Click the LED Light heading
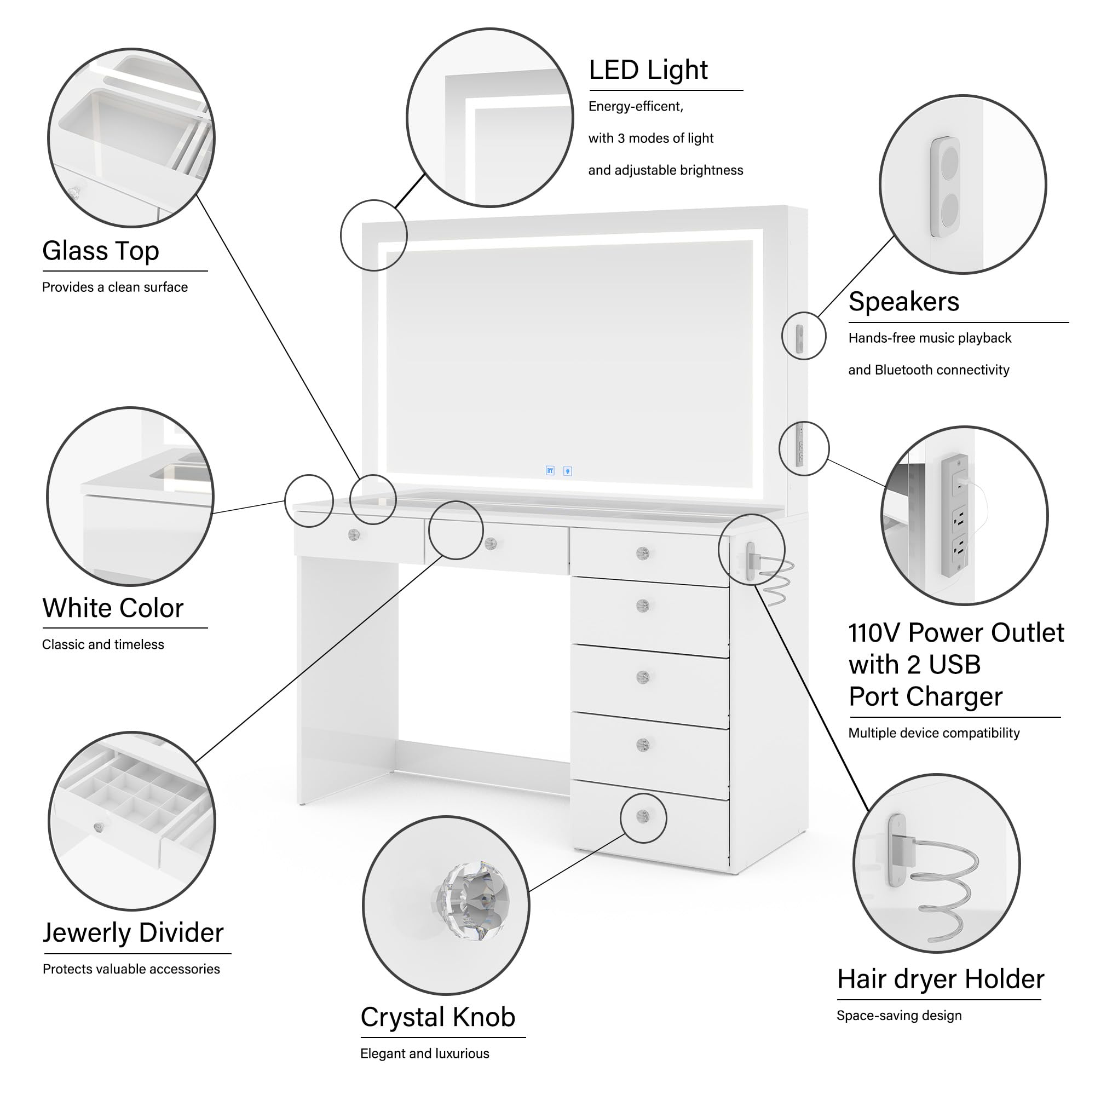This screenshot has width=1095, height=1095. point(648,70)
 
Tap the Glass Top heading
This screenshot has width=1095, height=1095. point(100,251)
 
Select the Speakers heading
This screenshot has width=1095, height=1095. point(903,302)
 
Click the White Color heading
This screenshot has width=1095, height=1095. point(113,608)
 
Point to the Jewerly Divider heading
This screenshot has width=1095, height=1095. point(133,933)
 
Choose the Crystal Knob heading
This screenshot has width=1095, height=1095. point(437,1017)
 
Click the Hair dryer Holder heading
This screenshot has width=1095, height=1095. point(940,979)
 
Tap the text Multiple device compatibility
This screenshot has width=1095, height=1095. point(933,734)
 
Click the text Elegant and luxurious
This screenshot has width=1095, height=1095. point(424,1053)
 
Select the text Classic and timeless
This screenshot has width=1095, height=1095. point(102,644)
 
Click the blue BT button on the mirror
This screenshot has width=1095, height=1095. point(550,471)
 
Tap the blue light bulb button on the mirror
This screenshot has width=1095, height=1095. point(567,471)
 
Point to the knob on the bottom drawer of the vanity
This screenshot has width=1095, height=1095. point(643,817)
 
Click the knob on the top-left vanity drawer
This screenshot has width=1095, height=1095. point(354,534)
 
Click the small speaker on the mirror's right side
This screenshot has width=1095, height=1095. point(799,338)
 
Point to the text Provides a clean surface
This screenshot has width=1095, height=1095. point(114,287)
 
